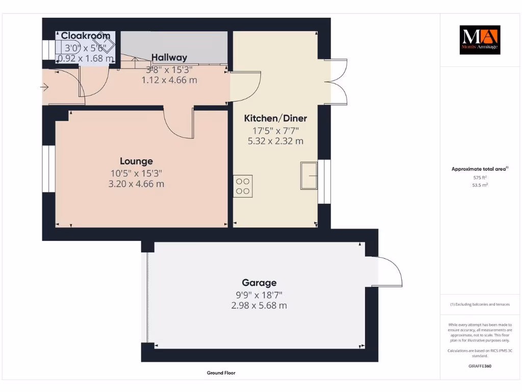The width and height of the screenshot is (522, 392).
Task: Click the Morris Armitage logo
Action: coord(480,40)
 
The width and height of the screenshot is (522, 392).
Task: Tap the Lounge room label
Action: coord(136,161)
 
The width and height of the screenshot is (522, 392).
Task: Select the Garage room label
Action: coord(259,282)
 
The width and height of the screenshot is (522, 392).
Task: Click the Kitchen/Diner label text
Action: coord(275,118)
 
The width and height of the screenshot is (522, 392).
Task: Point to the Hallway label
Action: coord(169,58)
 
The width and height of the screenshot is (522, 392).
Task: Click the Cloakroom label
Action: coord(86,36)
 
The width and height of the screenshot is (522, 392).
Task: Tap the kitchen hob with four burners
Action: coord(243,186)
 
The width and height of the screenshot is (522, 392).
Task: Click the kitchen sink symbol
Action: coord(308,176)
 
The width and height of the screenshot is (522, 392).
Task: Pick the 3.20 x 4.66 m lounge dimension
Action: coord(136,184)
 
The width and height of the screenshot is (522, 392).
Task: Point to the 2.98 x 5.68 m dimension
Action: coord(259,305)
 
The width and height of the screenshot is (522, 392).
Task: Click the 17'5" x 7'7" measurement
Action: coord(275,130)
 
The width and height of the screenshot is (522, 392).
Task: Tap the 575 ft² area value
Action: coord(480,178)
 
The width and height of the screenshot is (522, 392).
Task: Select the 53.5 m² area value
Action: coord(480,185)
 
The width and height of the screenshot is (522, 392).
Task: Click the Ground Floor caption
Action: coord(221,373)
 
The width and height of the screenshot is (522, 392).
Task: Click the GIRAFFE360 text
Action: coord(480,365)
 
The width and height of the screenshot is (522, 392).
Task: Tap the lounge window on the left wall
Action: coord(48,169)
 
